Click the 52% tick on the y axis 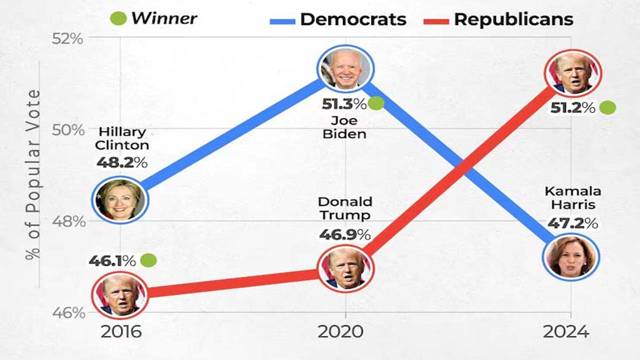coord(67,38)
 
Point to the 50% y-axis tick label coord(67,129)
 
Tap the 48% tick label coord(68,221)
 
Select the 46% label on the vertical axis coord(68,313)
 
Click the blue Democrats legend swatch coord(282,21)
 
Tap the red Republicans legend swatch coord(436,21)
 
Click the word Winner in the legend coord(164,19)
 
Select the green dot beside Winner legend coord(118,19)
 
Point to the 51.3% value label coord(344,104)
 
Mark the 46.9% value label coord(344,234)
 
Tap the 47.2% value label coord(572,223)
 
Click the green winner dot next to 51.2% coord(607,107)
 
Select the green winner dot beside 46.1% coord(148,260)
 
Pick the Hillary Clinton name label coord(122,138)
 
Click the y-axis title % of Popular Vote coord(33,174)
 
